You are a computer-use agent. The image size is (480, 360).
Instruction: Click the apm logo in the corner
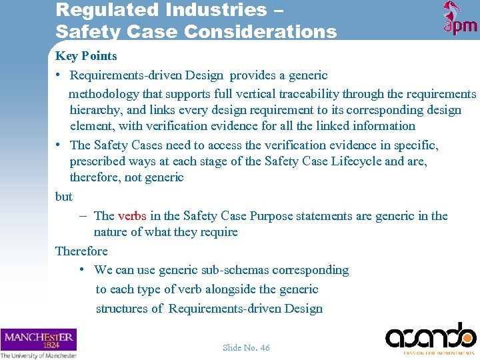(460, 19)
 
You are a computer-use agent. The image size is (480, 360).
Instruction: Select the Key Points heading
(86, 56)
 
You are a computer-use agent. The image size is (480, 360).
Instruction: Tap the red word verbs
(132, 215)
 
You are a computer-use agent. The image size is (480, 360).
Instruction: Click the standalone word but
(64, 197)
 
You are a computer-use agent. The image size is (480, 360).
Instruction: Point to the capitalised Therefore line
(81, 251)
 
